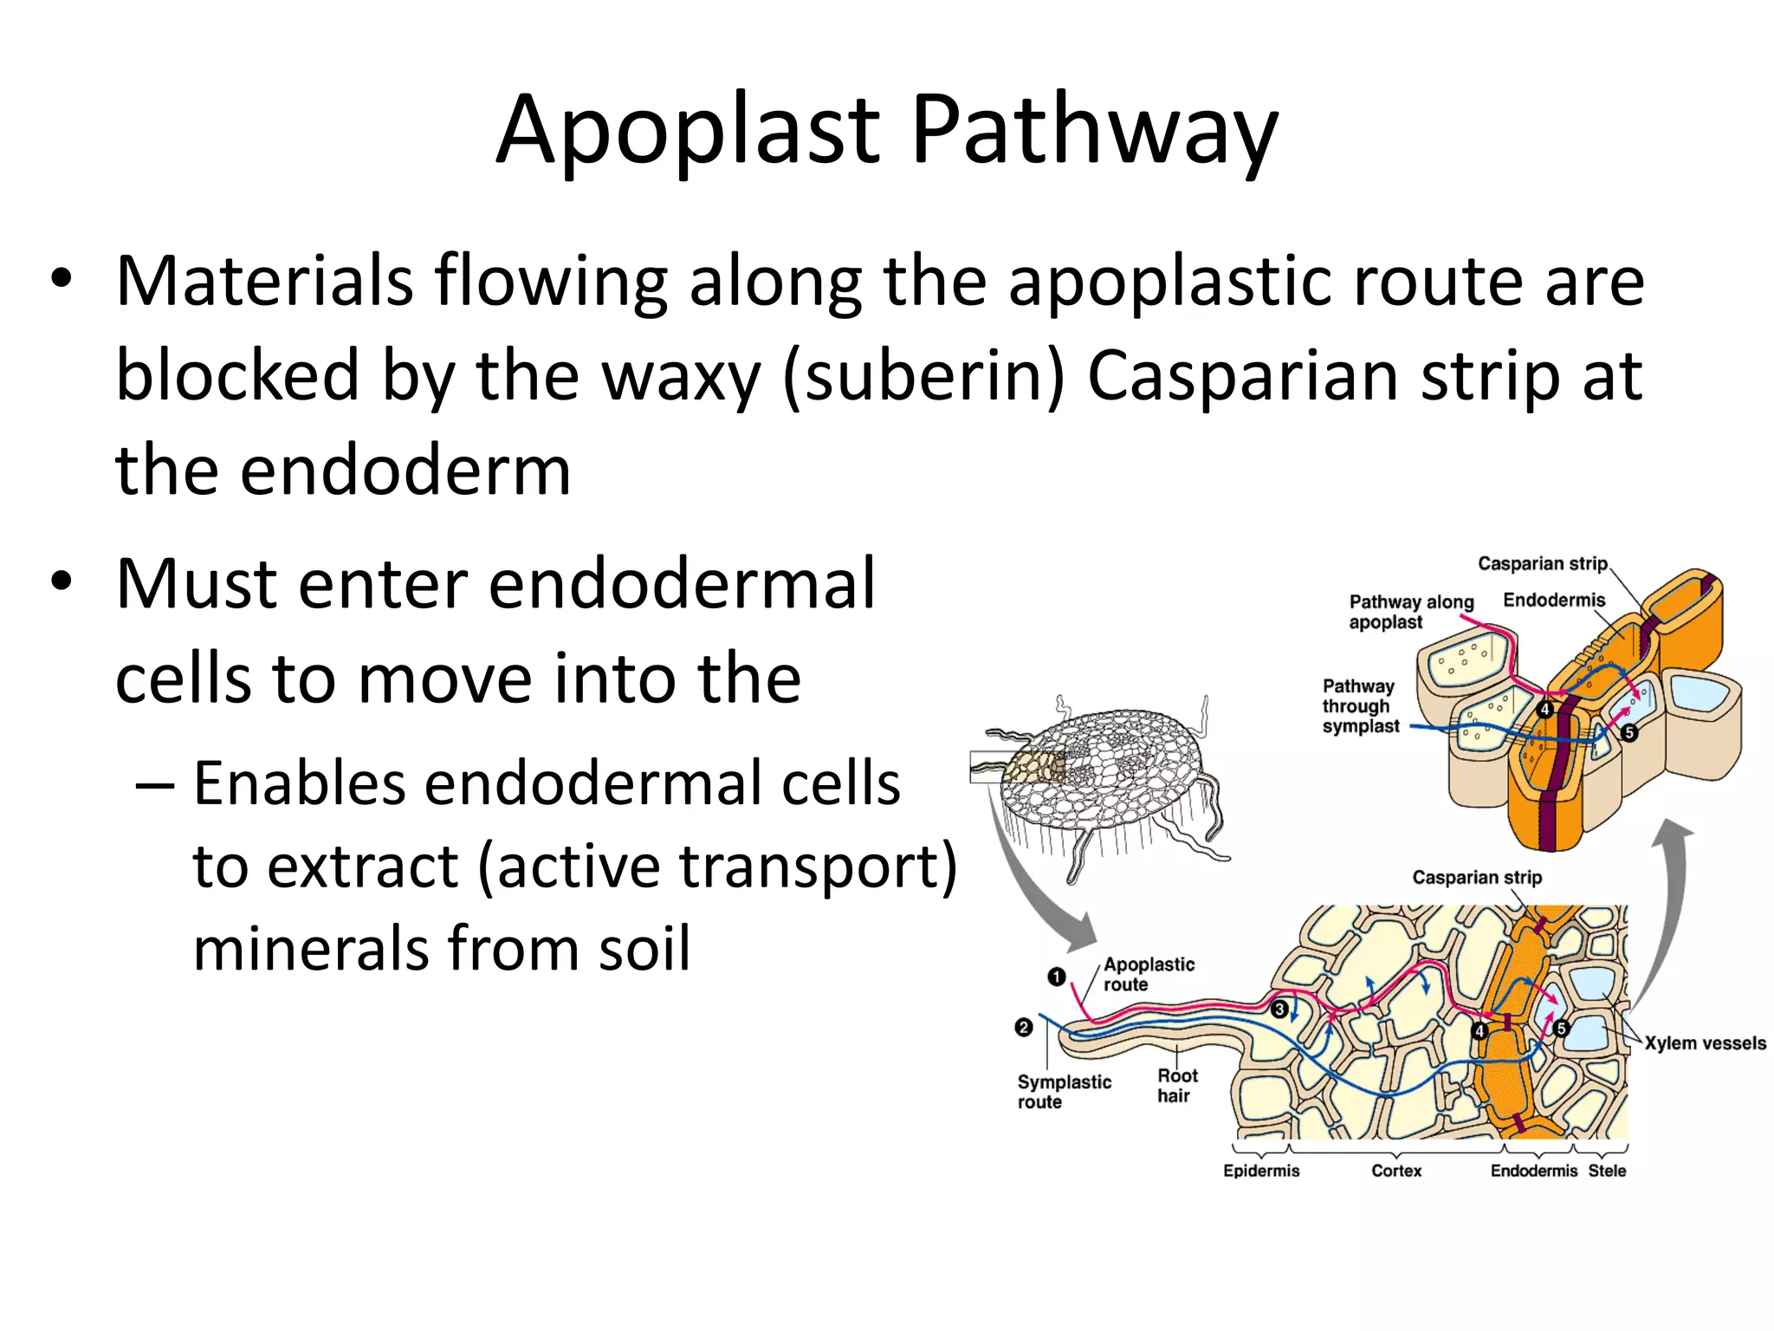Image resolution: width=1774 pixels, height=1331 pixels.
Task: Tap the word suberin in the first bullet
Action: point(923,376)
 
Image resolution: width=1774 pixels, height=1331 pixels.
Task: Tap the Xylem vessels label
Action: point(1705,1043)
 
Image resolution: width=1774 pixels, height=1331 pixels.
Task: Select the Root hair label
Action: point(1177,1086)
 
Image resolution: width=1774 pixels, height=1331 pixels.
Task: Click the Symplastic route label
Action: point(1064,1092)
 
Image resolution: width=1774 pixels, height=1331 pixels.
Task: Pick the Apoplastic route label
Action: point(1148,974)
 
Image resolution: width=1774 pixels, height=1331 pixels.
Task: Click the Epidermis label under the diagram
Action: point(1261,1171)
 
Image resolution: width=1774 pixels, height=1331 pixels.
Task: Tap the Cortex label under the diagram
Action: point(1396,1171)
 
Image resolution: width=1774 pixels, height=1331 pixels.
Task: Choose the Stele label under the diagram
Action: point(1607,1171)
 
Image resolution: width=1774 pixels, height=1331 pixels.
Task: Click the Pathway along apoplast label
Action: point(1410,612)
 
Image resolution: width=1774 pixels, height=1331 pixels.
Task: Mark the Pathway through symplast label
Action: point(1360,706)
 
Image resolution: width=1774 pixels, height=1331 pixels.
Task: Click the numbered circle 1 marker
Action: point(1056,977)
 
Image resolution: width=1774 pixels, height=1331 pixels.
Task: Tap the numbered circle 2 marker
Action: point(1024,1028)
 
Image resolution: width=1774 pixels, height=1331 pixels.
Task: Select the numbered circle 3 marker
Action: point(1279,1010)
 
